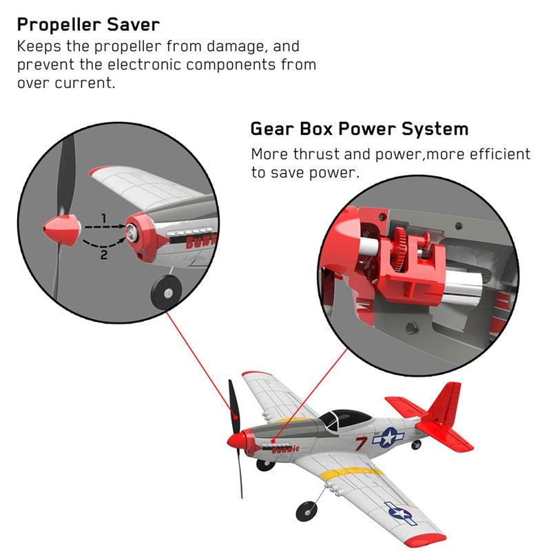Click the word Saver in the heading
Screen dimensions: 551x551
pos(131,25)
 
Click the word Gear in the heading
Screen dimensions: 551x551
pos(271,129)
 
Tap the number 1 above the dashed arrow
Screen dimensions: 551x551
pos(104,218)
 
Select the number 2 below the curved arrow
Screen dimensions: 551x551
pos(104,255)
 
